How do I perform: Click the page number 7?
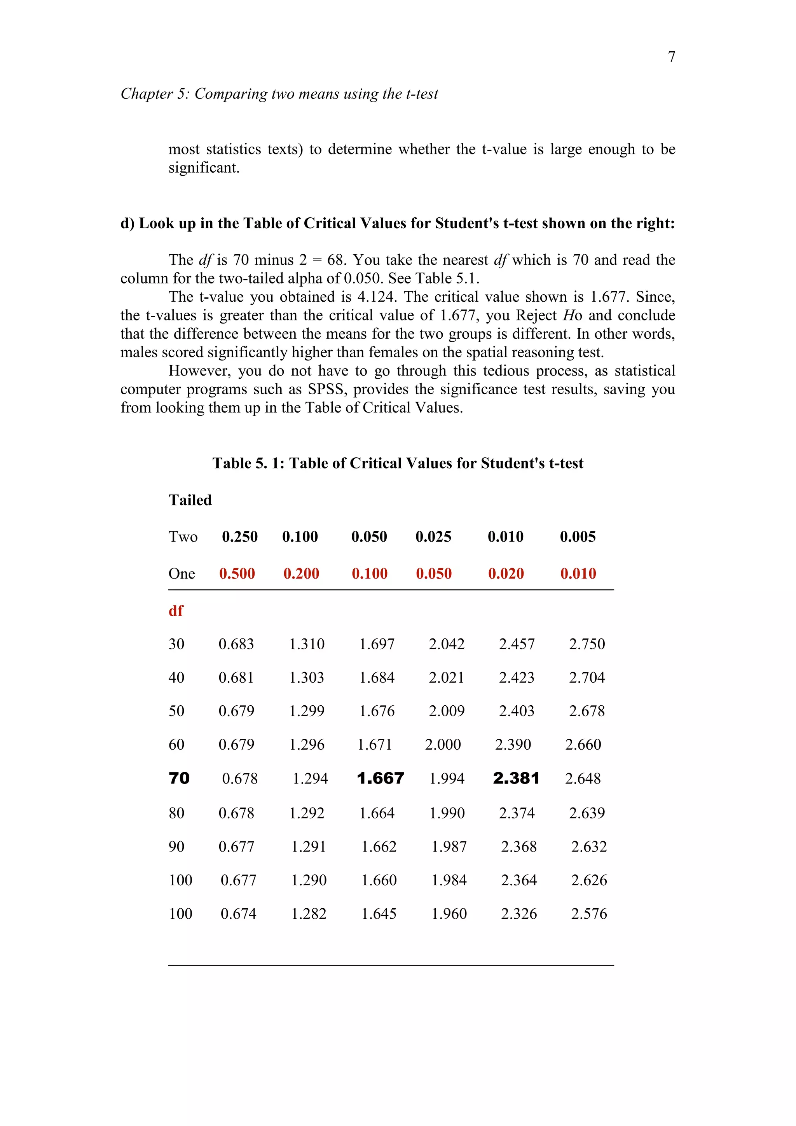(x=672, y=57)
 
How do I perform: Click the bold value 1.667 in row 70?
(x=381, y=778)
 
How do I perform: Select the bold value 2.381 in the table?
(x=516, y=778)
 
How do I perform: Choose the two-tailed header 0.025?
(x=433, y=537)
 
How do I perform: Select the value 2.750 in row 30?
(x=587, y=644)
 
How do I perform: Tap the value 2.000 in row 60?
(x=443, y=745)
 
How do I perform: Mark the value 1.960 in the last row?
(x=449, y=914)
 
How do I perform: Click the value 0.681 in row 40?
(x=236, y=677)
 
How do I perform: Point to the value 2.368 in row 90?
(x=518, y=846)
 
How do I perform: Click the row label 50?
(x=176, y=711)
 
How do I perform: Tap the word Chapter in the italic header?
(x=147, y=94)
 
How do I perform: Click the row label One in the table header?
(x=182, y=574)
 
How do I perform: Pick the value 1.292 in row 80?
(x=307, y=813)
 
